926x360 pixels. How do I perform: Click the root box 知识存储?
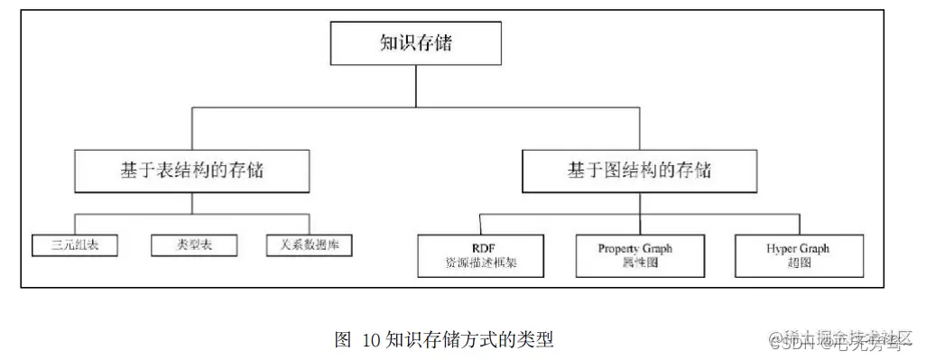coord(415,43)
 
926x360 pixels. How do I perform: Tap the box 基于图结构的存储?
coord(640,170)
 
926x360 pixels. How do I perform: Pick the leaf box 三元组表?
coord(74,245)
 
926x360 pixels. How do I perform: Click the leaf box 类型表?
coord(192,245)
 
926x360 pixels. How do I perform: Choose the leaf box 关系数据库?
coord(310,245)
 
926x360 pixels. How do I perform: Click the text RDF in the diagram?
coord(481,248)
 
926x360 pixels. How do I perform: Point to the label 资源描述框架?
coord(481,264)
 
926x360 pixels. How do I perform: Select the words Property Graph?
coord(635,248)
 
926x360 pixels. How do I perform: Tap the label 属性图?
coord(635,264)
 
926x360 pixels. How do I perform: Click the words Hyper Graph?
coord(798,248)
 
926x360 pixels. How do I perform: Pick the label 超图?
coord(798,264)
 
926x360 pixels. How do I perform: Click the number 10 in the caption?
coord(372,340)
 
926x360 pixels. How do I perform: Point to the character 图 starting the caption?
coord(342,340)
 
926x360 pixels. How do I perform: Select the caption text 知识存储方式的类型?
coord(469,340)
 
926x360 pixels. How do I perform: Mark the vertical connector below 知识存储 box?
coord(415,87)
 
